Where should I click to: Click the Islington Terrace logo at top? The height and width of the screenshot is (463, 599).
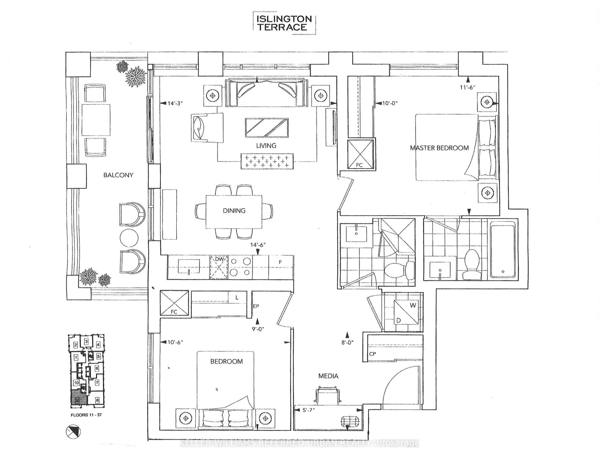[284, 23]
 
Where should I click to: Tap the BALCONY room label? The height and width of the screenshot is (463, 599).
[118, 175]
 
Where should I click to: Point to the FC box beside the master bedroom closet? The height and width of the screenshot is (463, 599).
[360, 154]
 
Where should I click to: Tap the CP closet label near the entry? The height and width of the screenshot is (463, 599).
[372, 354]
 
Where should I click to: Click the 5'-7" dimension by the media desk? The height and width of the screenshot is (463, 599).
[309, 410]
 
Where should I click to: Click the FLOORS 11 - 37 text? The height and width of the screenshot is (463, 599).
[86, 415]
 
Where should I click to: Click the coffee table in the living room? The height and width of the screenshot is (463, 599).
[267, 128]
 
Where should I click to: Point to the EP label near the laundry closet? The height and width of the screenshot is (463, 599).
[256, 306]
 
